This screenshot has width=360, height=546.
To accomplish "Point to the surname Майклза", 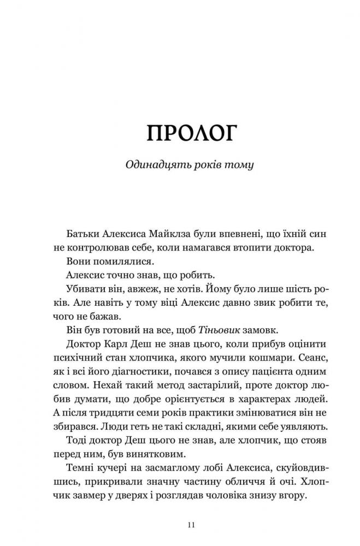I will click(168, 234).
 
